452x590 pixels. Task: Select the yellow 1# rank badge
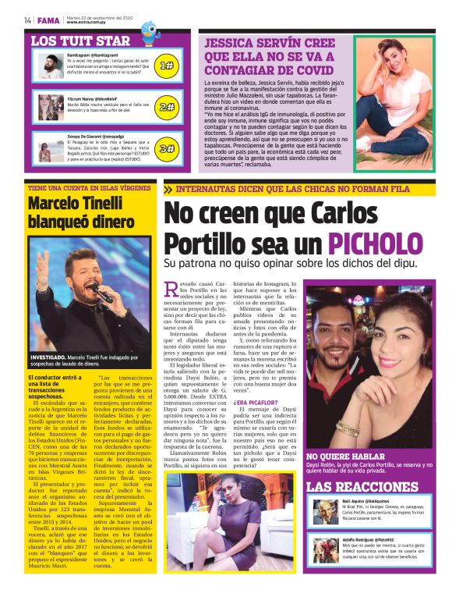pos(166,66)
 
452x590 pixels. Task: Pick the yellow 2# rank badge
pos(166,107)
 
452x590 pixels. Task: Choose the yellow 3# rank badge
pos(166,148)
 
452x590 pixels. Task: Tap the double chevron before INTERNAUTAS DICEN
pos(168,189)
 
